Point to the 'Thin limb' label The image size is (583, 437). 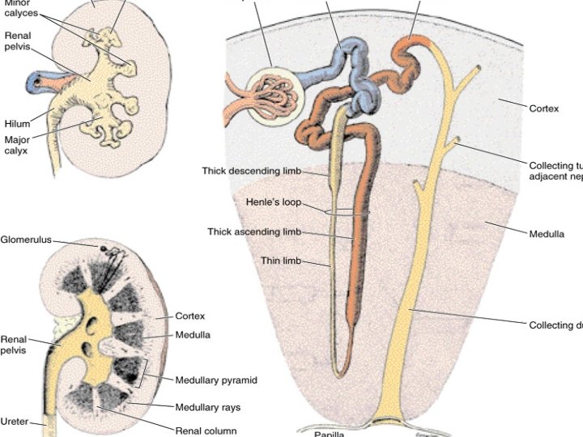281,261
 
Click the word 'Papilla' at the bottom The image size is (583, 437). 329,433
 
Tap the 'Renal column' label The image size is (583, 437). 206,430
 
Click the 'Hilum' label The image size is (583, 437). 16,123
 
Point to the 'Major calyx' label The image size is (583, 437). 16,145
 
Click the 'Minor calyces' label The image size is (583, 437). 19,8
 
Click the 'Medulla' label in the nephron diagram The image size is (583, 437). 547,235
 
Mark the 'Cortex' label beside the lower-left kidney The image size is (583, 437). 191,316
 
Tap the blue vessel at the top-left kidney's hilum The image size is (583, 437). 34,81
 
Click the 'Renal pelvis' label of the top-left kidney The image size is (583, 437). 18,41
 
